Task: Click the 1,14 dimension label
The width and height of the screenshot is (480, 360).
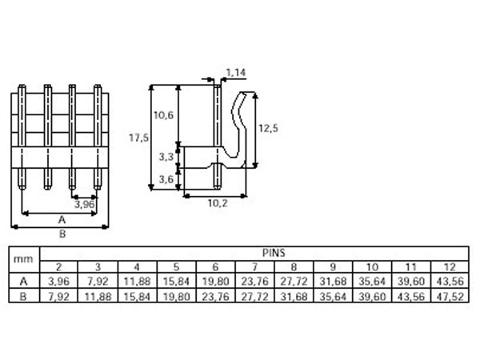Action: point(236,74)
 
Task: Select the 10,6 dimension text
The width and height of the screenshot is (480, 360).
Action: point(164,116)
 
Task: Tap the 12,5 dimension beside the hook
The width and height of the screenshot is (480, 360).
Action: point(270,128)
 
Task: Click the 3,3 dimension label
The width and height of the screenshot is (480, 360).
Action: point(166,157)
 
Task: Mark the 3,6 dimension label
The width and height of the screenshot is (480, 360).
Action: point(166,179)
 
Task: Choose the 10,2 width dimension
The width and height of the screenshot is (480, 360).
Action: point(217,203)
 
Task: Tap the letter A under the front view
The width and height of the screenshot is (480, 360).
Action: point(61,218)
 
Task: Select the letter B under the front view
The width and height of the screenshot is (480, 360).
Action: point(61,234)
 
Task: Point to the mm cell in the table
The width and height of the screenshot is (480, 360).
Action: point(25,258)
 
